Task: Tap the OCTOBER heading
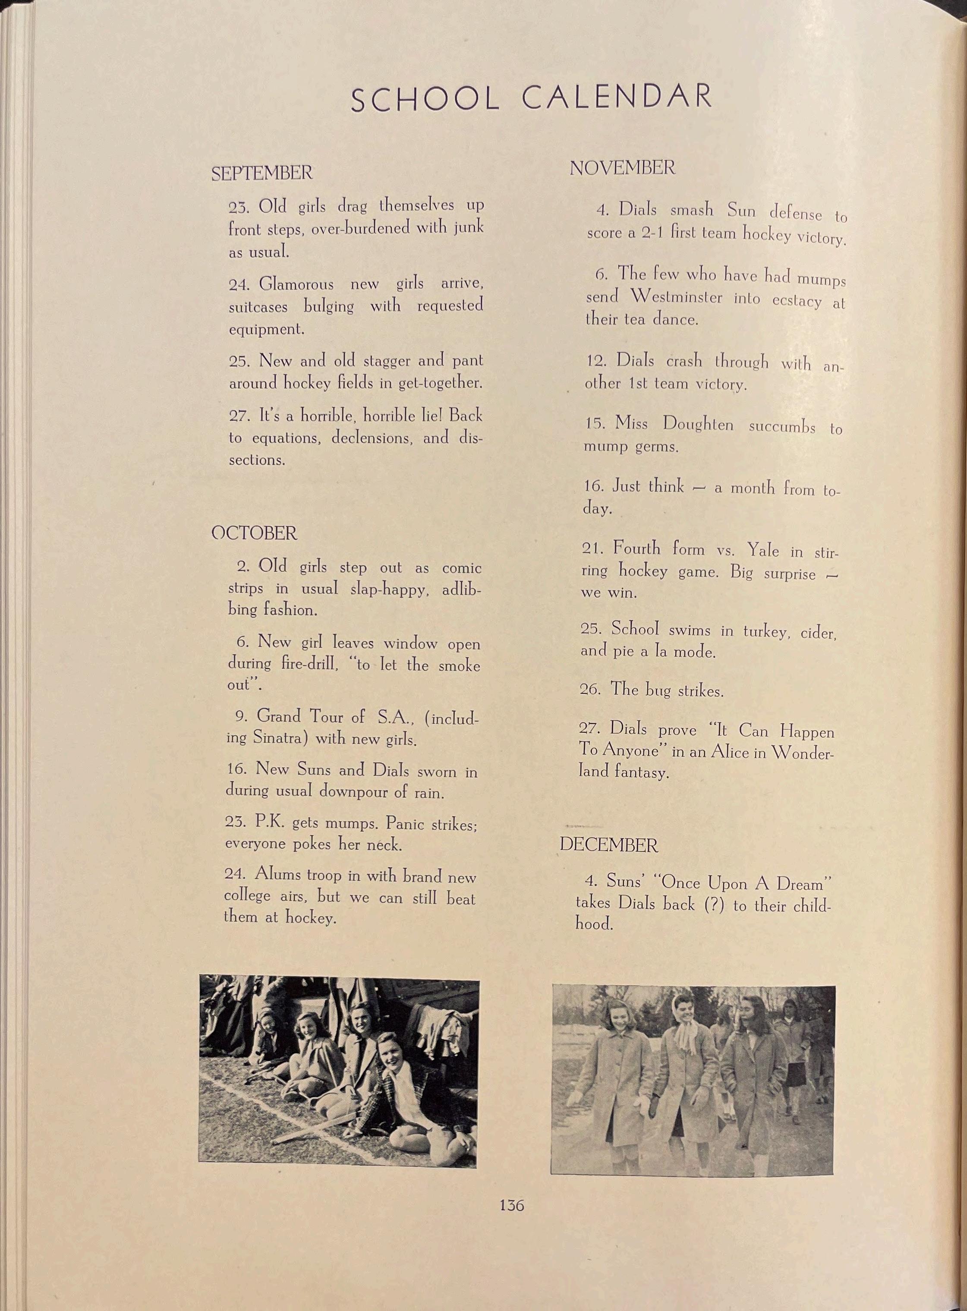[x=254, y=533]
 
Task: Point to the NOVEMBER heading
[x=622, y=168]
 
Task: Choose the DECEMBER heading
[x=609, y=845]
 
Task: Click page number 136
[x=512, y=1205]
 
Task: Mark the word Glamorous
[x=296, y=284]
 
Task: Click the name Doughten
[x=698, y=424]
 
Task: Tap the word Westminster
[x=676, y=297]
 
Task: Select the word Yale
[x=763, y=550]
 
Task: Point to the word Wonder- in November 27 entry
[x=801, y=753]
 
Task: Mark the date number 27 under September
[x=239, y=416]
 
